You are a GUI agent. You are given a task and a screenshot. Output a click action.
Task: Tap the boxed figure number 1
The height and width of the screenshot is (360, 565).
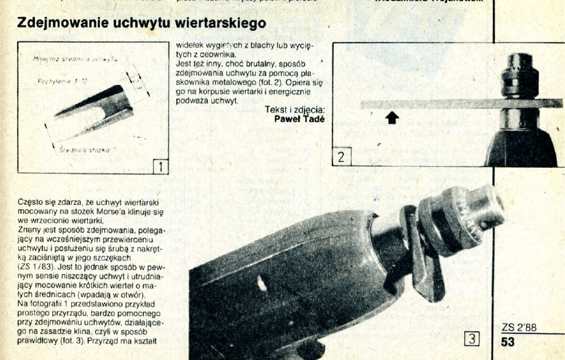coord(158,165)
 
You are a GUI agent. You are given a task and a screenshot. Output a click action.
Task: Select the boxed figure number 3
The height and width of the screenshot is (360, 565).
coord(471,337)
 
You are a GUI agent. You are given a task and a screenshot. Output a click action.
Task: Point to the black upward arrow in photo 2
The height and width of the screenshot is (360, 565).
coord(392,118)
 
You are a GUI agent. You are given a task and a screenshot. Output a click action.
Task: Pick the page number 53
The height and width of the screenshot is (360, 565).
coord(508,341)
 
